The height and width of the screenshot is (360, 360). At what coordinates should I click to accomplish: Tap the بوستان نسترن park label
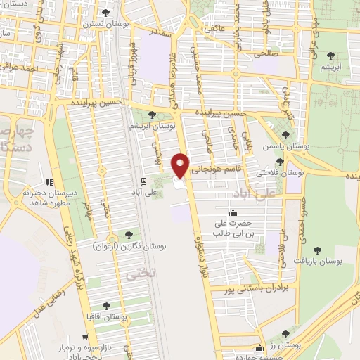click(x=104, y=23)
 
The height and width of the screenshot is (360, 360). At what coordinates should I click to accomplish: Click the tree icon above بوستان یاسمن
click(x=285, y=135)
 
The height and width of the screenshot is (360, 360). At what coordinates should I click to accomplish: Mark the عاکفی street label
click(x=211, y=30)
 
